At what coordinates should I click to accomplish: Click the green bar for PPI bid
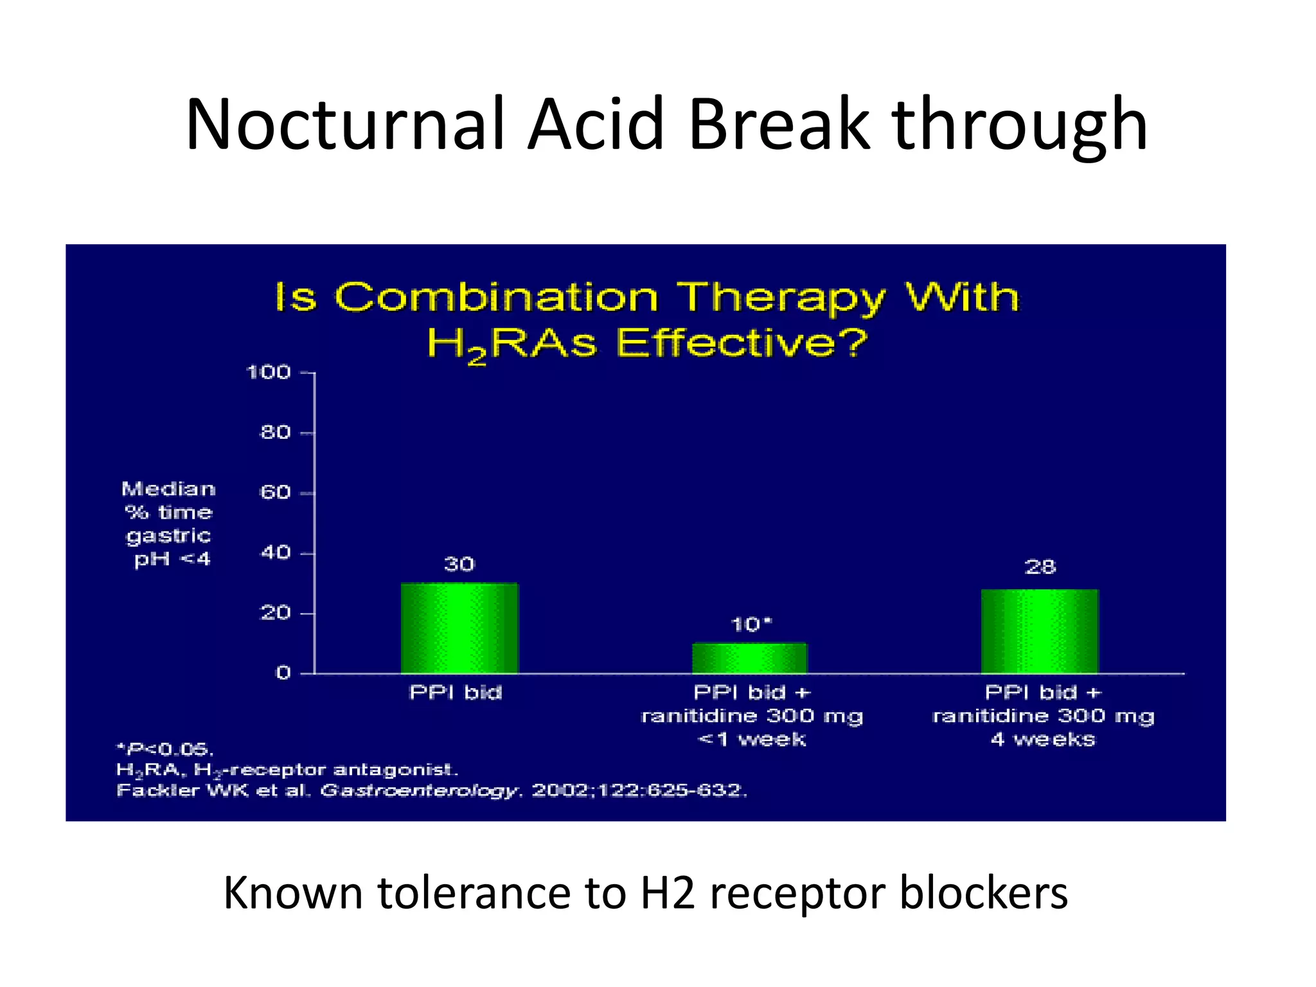(x=459, y=628)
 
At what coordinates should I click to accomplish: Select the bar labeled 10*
(x=749, y=658)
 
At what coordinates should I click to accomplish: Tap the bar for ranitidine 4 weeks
(x=1040, y=631)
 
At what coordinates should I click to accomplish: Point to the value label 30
(x=459, y=565)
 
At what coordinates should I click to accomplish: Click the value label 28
(x=1040, y=567)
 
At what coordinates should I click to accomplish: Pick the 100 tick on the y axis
(x=269, y=373)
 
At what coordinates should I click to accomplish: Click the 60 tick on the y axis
(x=275, y=493)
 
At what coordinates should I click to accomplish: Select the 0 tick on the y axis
(x=283, y=673)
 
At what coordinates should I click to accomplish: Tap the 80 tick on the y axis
(x=275, y=433)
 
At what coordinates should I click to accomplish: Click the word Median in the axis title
(x=168, y=490)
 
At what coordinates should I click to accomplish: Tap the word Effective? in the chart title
(x=742, y=343)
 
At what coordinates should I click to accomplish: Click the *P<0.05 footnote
(x=165, y=749)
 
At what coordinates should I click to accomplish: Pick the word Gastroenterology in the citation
(x=419, y=790)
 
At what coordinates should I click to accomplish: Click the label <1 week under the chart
(x=751, y=740)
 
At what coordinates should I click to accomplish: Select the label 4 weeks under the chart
(x=1042, y=740)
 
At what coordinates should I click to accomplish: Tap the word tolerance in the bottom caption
(x=475, y=894)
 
